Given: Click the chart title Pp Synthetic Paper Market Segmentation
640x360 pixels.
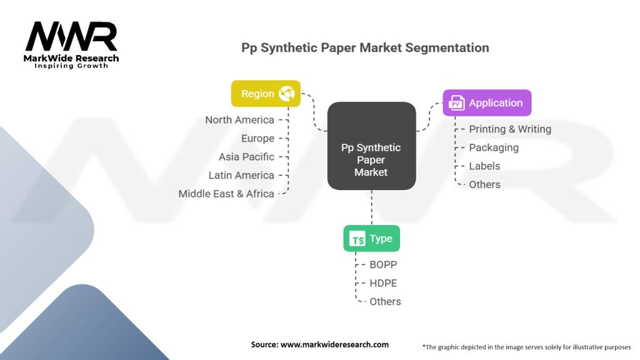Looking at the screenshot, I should pos(365,47).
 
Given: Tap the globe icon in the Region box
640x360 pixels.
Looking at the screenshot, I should pos(287,94).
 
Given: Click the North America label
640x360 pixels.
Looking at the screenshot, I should pos(239,119).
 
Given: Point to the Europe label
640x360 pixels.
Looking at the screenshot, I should pos(257,138).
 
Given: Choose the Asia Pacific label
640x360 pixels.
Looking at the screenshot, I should pos(246,157).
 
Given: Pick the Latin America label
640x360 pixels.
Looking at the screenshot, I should pos(241,175).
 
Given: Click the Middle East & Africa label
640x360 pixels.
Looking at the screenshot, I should pos(226,194).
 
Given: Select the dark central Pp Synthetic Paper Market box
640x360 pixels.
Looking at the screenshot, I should pos(371,146).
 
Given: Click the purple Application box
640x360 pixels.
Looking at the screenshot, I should pos(487,103).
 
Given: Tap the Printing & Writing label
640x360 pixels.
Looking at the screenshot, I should pos(510,129).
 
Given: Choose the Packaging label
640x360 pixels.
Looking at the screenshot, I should pos(494,147).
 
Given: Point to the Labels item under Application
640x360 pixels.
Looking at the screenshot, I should pos(484,166).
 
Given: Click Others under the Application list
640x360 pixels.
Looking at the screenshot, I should pos(484,184).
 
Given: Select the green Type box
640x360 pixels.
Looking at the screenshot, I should pos(371,239).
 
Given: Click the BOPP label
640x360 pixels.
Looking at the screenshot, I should pos(384,264).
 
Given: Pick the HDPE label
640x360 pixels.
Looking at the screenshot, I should pos(383,283).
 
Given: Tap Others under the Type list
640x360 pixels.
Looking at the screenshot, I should pos(385,301).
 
